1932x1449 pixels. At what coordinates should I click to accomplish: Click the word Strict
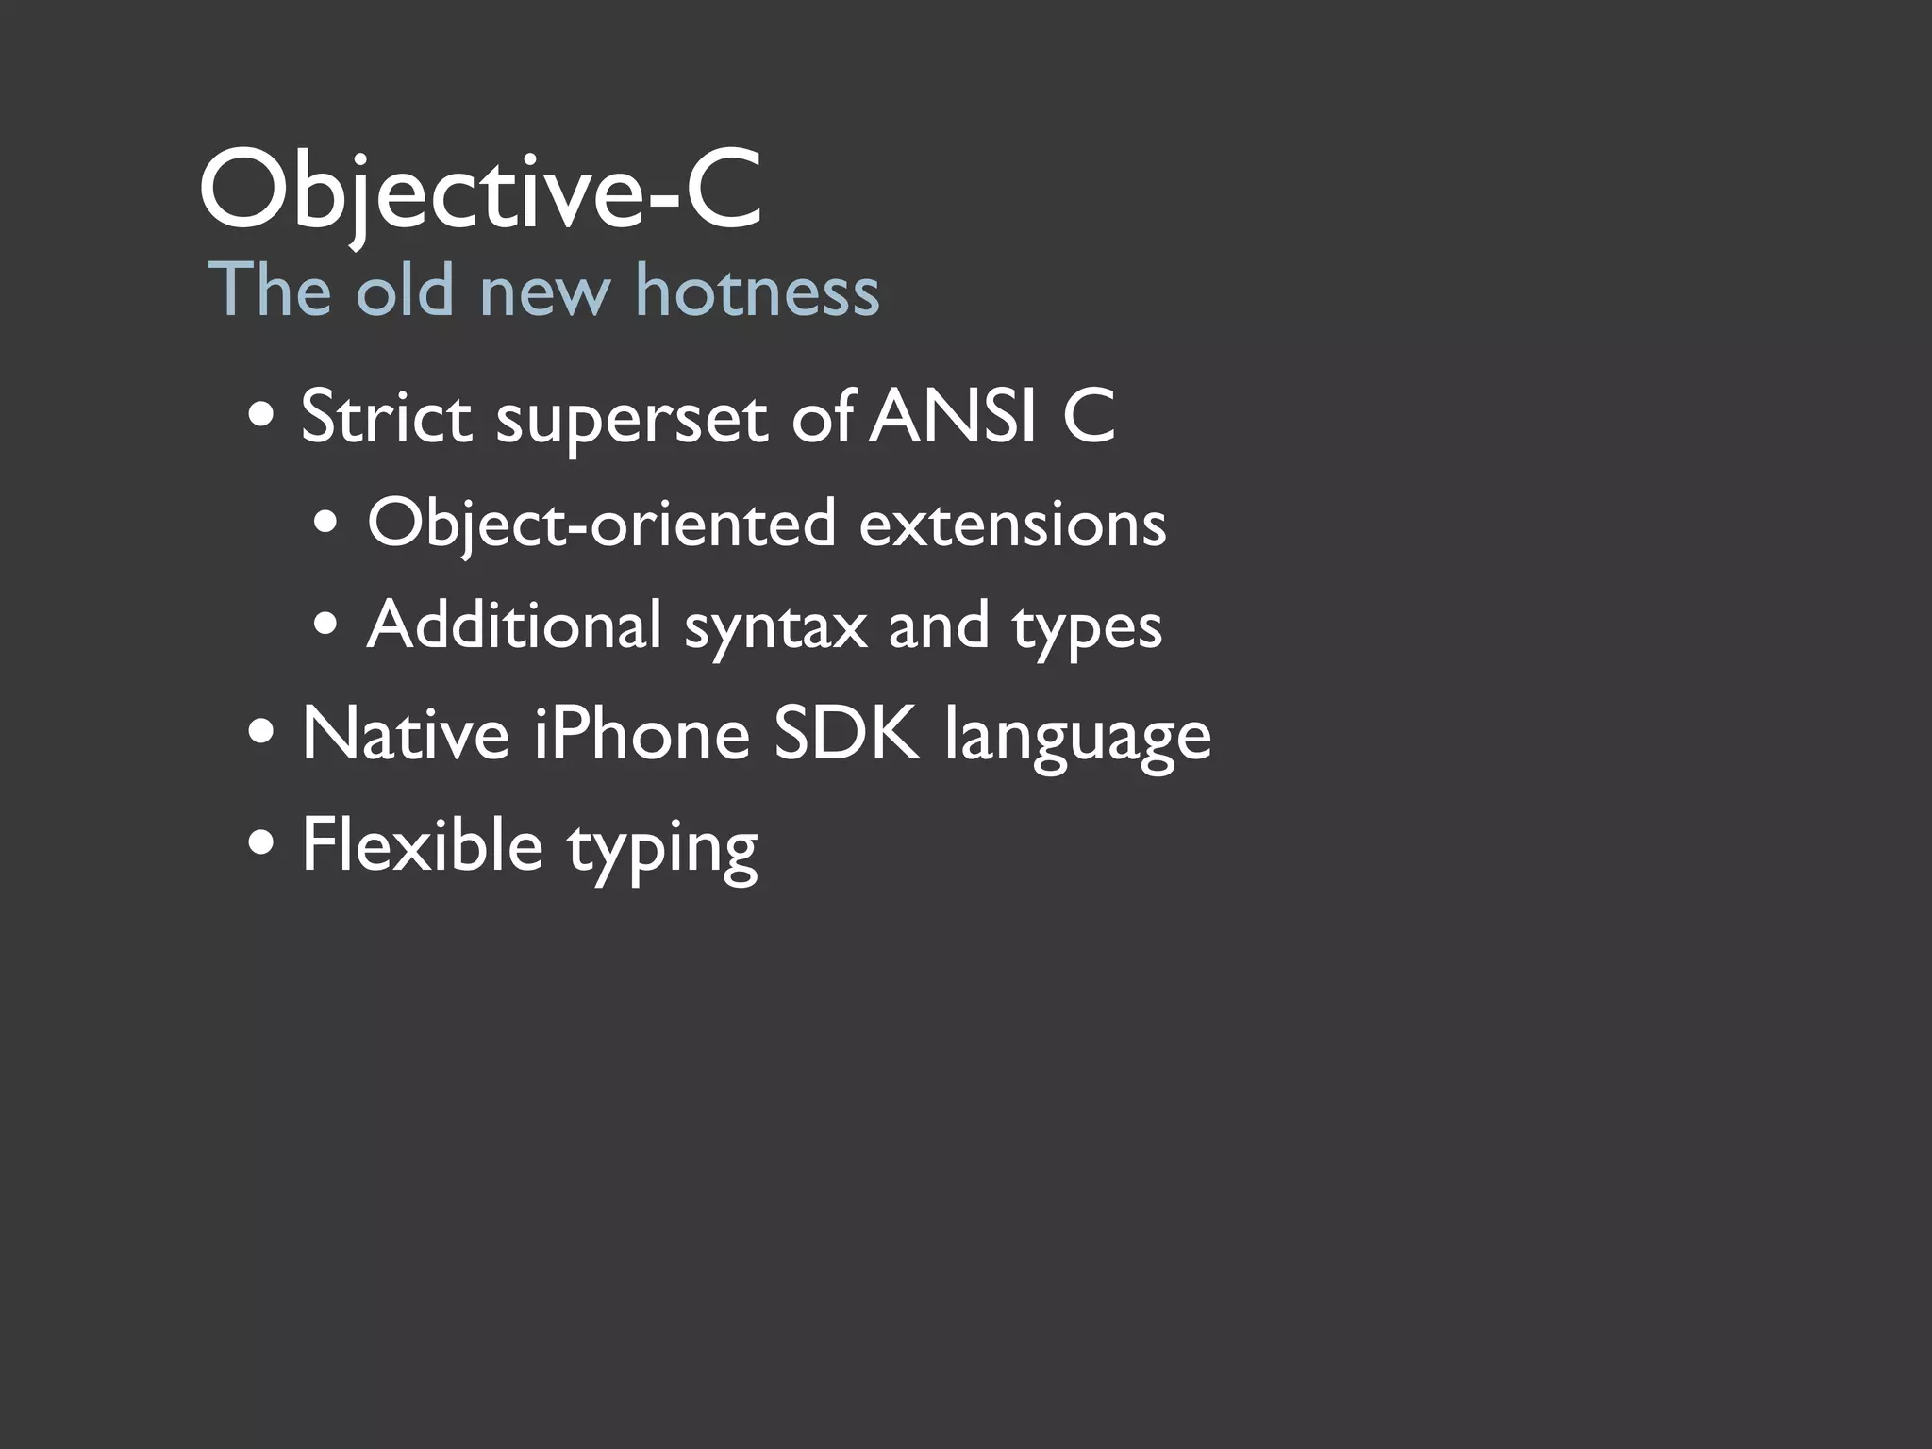click(x=386, y=417)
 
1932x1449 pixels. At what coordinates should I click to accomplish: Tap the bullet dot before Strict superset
click(x=261, y=416)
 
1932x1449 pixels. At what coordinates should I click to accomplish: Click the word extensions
click(x=1012, y=525)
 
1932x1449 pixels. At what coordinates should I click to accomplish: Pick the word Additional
click(x=514, y=625)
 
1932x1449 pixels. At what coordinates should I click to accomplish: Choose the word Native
click(x=406, y=734)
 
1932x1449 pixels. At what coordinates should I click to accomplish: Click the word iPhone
click(x=641, y=734)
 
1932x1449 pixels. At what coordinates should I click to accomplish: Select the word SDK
click(x=846, y=734)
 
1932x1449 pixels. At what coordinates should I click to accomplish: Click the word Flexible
click(x=422, y=844)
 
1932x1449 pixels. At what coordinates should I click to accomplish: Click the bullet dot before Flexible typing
click(x=261, y=842)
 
